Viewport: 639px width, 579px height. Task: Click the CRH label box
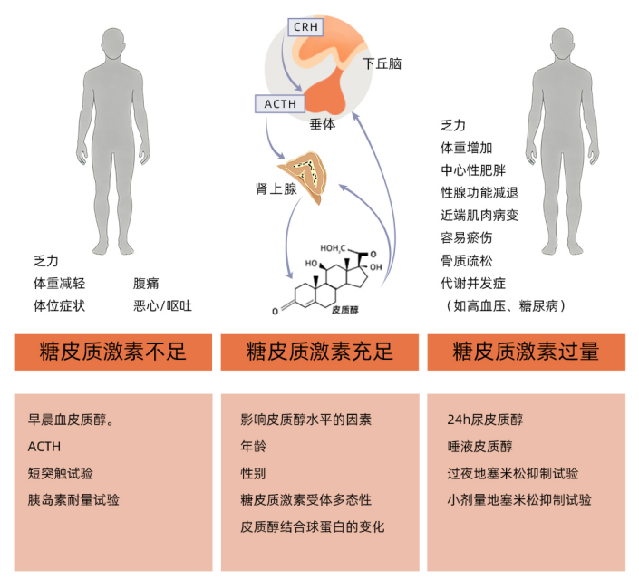point(305,27)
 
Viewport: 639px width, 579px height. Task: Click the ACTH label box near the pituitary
point(280,104)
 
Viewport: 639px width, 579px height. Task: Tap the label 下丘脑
point(382,63)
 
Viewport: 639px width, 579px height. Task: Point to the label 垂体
point(322,123)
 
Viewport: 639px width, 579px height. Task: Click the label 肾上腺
point(276,188)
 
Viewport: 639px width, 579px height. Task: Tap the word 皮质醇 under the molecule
point(344,310)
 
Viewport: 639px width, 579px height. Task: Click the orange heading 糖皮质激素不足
point(113,352)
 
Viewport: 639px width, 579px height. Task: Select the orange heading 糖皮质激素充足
point(319,352)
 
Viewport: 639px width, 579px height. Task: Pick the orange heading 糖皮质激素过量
point(526,352)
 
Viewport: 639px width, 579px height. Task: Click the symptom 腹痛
point(146,284)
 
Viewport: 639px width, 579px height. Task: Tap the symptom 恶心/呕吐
point(162,305)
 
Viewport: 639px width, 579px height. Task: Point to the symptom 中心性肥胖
point(473,170)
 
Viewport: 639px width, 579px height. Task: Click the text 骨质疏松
point(466,260)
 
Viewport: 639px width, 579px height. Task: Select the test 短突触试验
point(61,473)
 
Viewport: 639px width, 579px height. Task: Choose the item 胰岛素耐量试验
point(73,499)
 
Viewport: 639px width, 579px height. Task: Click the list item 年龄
point(253,446)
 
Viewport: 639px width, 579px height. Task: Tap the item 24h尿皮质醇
point(485,420)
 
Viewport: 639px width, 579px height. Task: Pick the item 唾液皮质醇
point(479,446)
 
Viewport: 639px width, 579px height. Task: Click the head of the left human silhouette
point(113,44)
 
